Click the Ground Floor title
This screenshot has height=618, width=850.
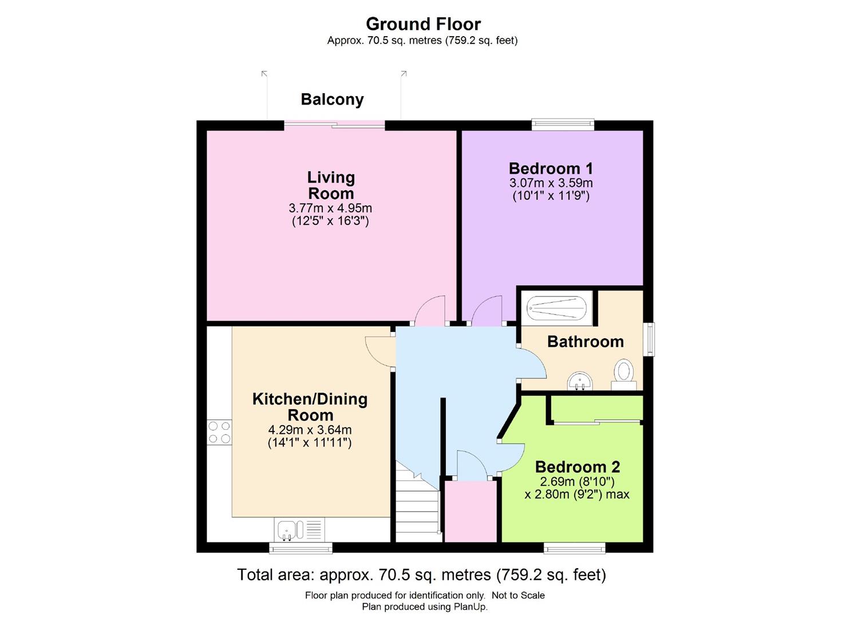click(x=423, y=24)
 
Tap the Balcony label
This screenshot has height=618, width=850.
click(x=333, y=100)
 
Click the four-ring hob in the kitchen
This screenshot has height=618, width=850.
click(x=219, y=432)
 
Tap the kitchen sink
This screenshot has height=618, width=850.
click(x=299, y=529)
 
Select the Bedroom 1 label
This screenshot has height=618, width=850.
click(x=551, y=168)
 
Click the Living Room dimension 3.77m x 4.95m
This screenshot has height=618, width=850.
click(x=330, y=208)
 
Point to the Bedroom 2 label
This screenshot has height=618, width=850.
click(x=577, y=467)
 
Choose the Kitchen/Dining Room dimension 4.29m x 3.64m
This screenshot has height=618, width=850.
click(x=310, y=430)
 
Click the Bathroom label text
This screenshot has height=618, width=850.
click(x=586, y=342)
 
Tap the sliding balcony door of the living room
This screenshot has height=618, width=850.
click(x=334, y=124)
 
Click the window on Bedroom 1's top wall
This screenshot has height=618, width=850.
click(x=563, y=124)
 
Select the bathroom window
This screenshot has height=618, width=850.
click(x=650, y=339)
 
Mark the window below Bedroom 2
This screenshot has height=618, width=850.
click(x=574, y=548)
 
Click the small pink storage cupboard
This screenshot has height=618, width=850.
click(x=471, y=512)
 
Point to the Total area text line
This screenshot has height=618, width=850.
click(x=422, y=575)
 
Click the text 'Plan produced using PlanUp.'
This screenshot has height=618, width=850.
click(x=425, y=607)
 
